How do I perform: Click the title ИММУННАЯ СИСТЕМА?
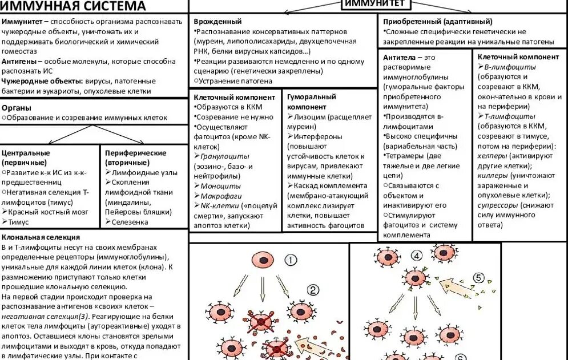(x=72, y=7)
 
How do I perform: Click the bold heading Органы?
(x=17, y=107)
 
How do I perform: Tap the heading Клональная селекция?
(x=41, y=237)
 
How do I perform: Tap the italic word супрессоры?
(x=498, y=205)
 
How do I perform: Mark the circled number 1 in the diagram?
(x=290, y=260)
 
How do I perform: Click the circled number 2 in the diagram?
(x=313, y=289)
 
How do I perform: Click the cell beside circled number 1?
(x=264, y=261)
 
